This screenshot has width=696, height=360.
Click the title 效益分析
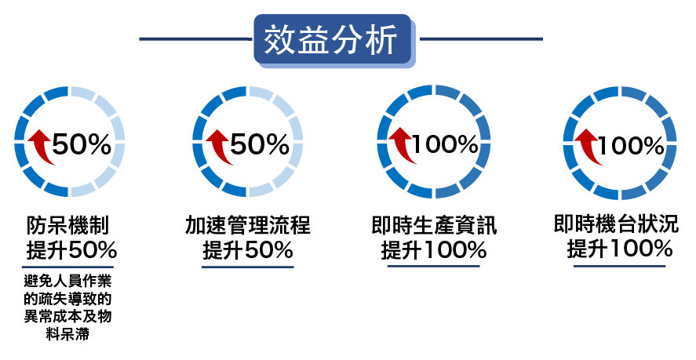[x=331, y=38]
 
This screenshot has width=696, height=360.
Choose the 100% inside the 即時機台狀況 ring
[x=631, y=145]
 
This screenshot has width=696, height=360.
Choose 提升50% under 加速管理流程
[x=247, y=252]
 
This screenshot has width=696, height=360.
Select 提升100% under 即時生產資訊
[x=433, y=252]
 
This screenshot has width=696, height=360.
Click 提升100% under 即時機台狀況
[x=619, y=250]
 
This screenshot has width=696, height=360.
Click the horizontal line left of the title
[x=195, y=38]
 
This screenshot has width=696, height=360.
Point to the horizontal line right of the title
[x=480, y=38]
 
